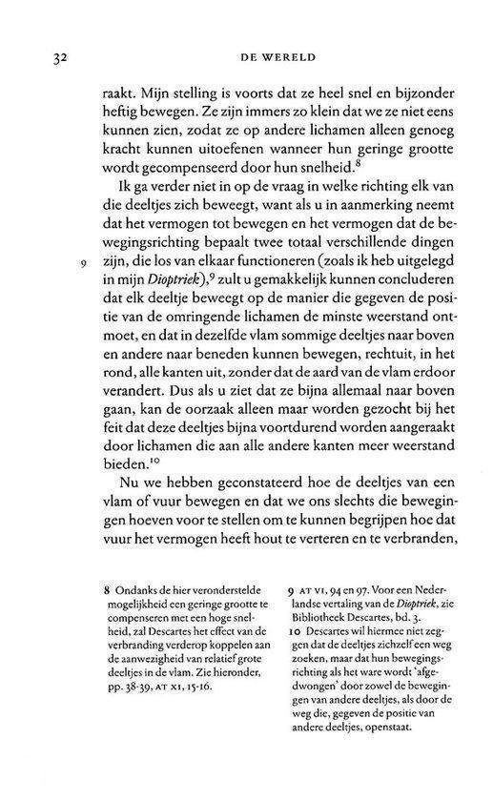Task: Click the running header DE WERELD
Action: pyautogui.click(x=276, y=58)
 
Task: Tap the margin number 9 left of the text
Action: pyautogui.click(x=59, y=284)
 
